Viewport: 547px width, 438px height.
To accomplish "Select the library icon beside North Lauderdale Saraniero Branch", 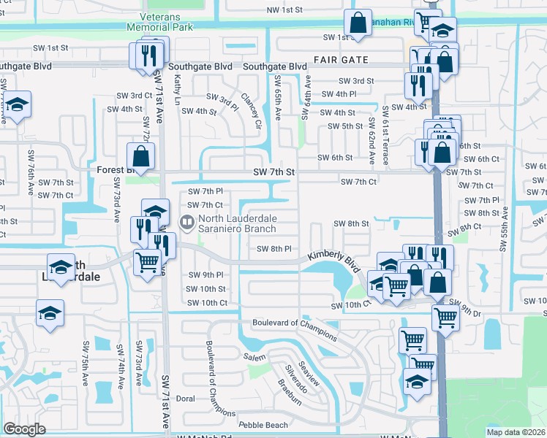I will (x=188, y=220).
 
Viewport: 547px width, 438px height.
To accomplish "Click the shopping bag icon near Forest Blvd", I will (x=140, y=155).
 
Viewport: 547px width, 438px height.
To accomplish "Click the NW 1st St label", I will (x=284, y=9).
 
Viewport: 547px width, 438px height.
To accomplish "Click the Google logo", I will (x=24, y=429).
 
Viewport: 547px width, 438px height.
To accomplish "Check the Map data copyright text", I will (x=516, y=432).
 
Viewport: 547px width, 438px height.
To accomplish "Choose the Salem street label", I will (x=255, y=357).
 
